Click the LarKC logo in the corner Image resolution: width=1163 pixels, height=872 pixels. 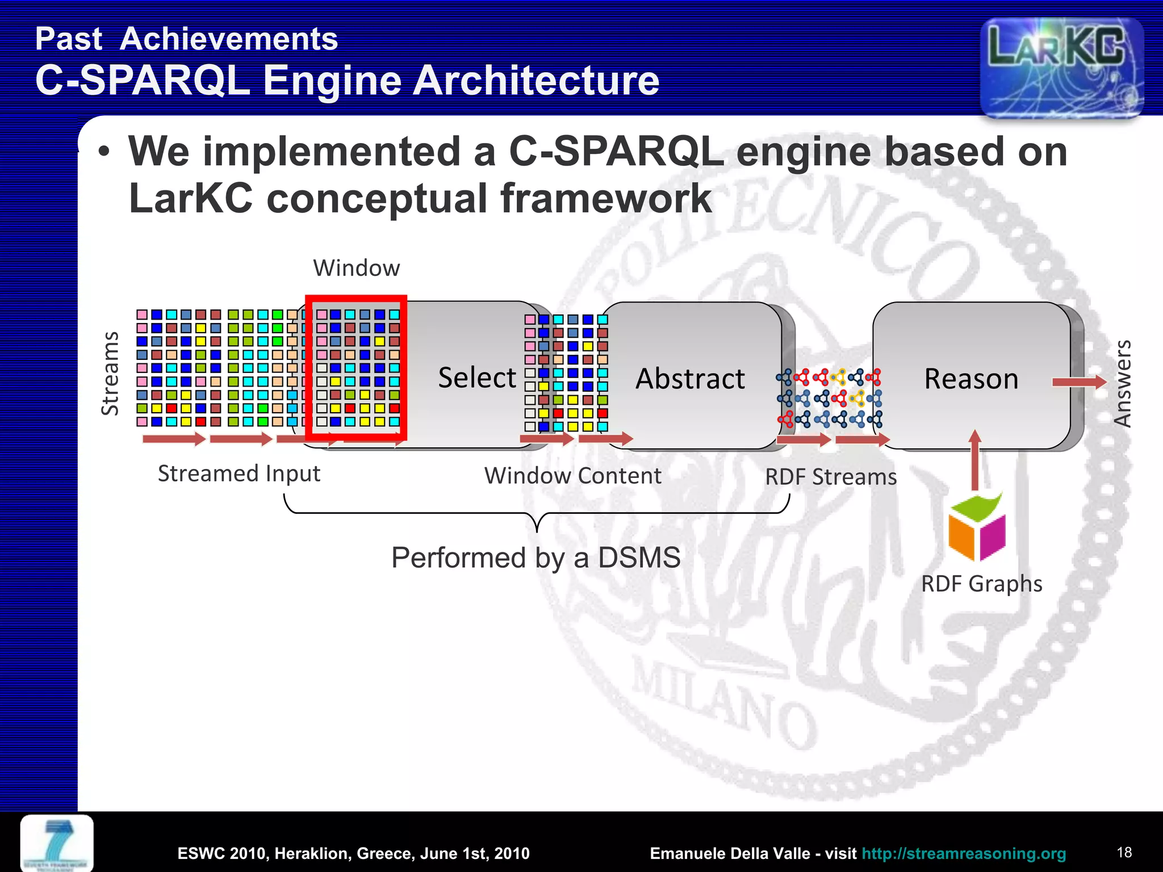click(1061, 67)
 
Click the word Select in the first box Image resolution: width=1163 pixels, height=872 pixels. click(477, 378)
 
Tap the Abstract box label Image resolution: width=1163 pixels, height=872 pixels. click(689, 379)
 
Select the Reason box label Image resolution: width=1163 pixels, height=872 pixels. click(971, 379)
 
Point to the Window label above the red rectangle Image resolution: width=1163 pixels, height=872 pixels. click(357, 268)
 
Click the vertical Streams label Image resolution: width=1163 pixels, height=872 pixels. click(110, 374)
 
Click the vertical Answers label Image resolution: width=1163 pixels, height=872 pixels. click(1123, 383)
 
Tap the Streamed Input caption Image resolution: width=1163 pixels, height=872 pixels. click(239, 473)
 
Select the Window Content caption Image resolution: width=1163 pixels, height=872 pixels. click(572, 476)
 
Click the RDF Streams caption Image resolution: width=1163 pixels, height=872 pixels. click(830, 477)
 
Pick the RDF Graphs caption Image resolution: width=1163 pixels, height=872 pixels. click(981, 584)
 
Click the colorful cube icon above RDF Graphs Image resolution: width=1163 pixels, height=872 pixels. click(977, 527)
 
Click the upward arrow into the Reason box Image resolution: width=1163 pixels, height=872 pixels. click(975, 460)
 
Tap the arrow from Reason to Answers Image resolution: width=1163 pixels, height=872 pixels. click(1078, 383)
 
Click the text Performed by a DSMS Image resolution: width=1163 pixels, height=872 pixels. click(536, 557)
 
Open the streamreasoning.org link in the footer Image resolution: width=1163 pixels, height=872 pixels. click(963, 853)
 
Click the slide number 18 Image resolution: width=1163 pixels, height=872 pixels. click(1124, 852)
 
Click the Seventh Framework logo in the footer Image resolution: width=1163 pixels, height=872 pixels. click(57, 842)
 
